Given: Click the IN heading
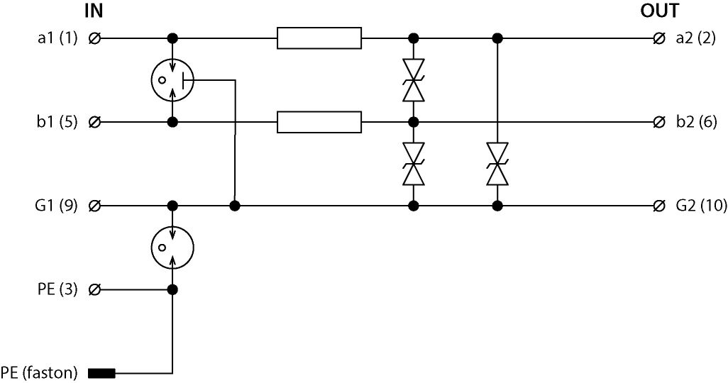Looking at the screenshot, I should (x=94, y=11).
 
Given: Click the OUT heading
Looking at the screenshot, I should (x=659, y=11).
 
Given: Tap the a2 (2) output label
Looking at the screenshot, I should (x=696, y=38).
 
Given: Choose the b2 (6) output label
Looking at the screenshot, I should (x=696, y=122).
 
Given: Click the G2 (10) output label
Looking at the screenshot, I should (x=701, y=206).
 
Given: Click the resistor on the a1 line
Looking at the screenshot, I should (x=319, y=38).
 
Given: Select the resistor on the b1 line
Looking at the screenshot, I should (x=319, y=122).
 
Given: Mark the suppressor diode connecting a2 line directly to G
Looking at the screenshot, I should (x=497, y=164).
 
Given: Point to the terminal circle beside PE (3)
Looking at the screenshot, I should (x=95, y=289).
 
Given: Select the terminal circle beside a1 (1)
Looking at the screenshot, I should (x=95, y=38).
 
